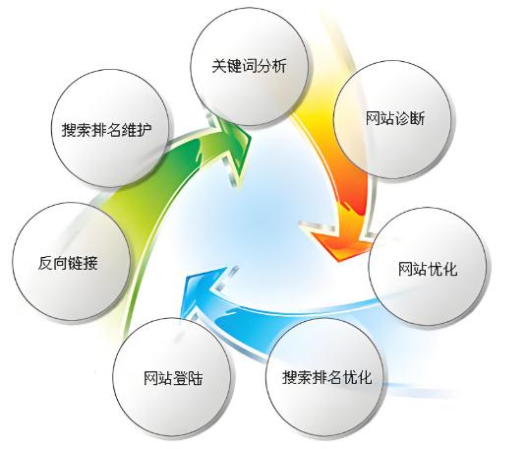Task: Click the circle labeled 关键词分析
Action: click(x=250, y=66)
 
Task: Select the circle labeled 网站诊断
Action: click(x=392, y=119)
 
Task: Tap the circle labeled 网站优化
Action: click(x=428, y=266)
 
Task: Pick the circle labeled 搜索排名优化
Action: click(x=324, y=377)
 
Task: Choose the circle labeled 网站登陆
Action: click(x=172, y=377)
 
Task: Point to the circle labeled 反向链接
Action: click(x=71, y=262)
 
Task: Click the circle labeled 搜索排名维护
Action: click(x=110, y=128)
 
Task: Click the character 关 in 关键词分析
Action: click(x=219, y=66)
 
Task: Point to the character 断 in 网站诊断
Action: click(x=418, y=119)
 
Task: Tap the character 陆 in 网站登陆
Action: click(x=196, y=379)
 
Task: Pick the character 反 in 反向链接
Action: click(x=45, y=263)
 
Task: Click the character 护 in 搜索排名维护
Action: click(x=145, y=129)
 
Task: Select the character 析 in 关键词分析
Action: click(x=279, y=66)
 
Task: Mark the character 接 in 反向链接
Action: click(x=90, y=263)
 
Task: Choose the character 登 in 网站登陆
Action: click(x=181, y=379)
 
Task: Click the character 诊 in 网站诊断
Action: click(x=402, y=119)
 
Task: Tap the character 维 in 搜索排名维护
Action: click(x=130, y=129)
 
